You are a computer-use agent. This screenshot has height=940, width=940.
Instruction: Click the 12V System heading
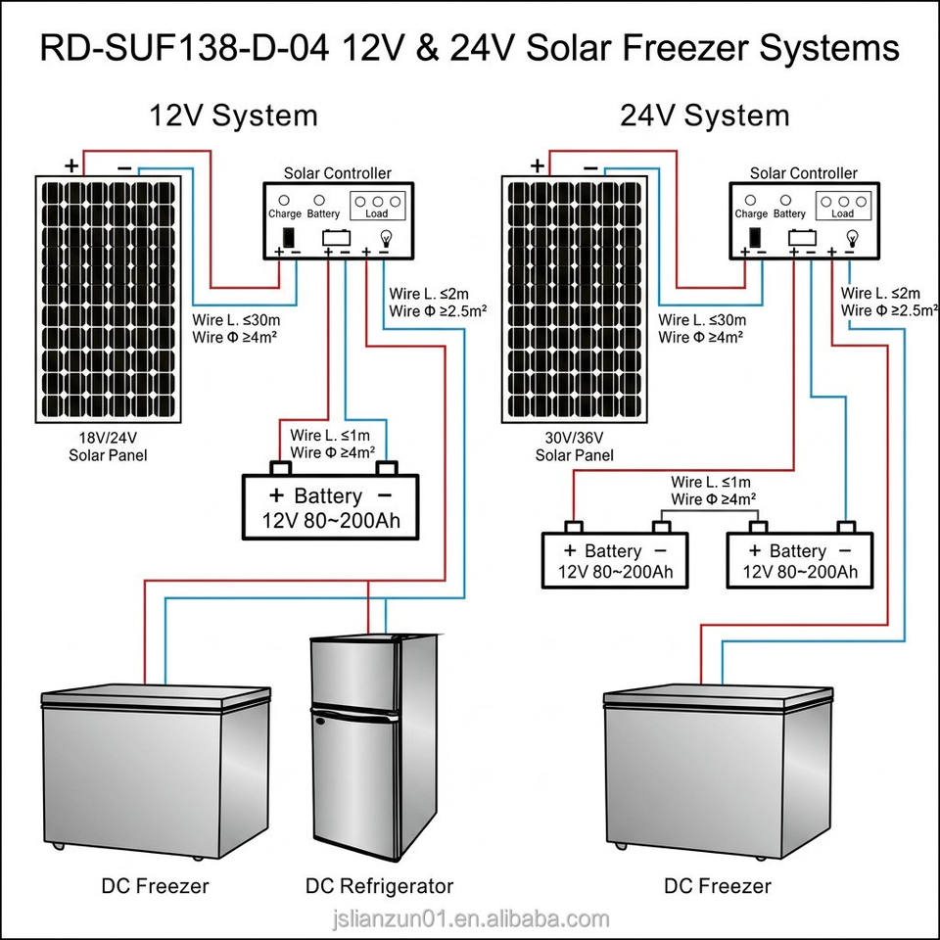[233, 116]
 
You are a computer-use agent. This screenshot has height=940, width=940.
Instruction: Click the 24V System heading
[704, 116]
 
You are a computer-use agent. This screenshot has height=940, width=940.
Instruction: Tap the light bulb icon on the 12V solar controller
[387, 239]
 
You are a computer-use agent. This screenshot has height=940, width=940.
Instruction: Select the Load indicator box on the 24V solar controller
[843, 207]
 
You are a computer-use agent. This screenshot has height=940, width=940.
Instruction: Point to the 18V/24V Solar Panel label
[108, 446]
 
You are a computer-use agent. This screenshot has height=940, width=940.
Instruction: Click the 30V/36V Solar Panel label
[575, 446]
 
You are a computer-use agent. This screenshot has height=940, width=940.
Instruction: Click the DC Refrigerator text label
[380, 885]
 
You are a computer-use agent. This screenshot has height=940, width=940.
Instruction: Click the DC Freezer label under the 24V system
[718, 885]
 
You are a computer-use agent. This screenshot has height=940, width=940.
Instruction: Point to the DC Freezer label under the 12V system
[156, 885]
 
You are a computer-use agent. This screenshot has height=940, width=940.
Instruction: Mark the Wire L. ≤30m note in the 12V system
[236, 319]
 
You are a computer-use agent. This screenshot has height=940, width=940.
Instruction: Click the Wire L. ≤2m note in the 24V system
[880, 293]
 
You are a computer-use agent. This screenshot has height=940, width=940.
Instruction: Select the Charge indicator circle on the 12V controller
[284, 200]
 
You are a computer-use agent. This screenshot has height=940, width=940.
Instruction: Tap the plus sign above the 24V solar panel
[538, 165]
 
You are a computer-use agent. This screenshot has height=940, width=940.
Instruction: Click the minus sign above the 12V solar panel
[124, 168]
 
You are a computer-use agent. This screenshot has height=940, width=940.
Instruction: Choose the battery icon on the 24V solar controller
[802, 238]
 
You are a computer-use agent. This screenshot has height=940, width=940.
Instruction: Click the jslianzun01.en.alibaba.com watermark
[471, 918]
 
